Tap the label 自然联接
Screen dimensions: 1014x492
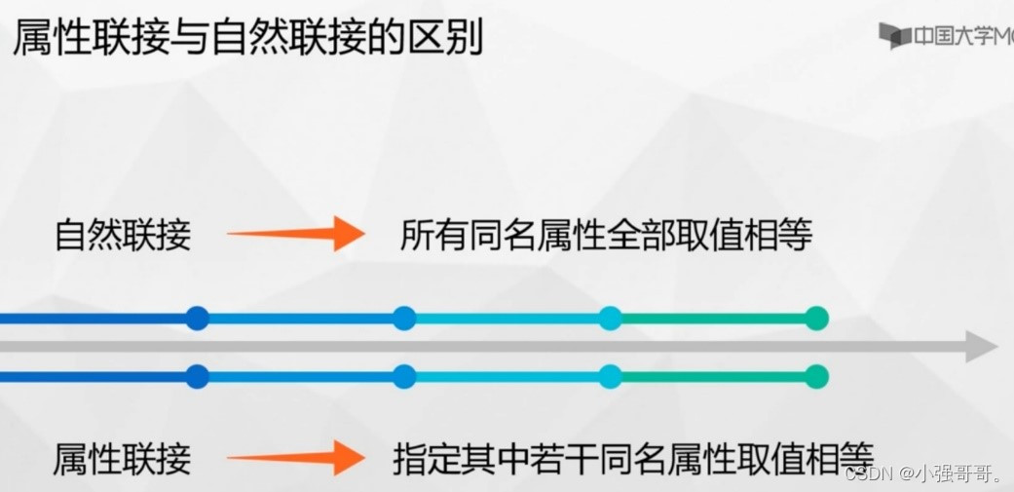coord(123,235)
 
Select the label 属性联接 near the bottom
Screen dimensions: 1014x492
coord(123,458)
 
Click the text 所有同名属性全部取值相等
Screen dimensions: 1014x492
coord(605,235)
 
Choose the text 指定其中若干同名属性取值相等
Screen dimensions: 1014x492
coord(633,457)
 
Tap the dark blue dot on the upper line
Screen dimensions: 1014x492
coord(198,318)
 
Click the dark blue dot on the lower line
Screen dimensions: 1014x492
coord(198,376)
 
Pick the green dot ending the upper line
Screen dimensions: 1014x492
coord(816,318)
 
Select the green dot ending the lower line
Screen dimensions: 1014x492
coord(816,376)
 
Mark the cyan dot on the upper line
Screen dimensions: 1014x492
coord(611,318)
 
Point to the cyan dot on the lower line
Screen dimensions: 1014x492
coord(611,376)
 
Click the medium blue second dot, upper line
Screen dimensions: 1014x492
coord(404,318)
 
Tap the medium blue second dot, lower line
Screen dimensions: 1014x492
coord(404,376)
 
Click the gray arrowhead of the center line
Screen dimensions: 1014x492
coord(981,346)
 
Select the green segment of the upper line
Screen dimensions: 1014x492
coord(713,318)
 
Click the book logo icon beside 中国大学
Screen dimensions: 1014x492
coord(894,36)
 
